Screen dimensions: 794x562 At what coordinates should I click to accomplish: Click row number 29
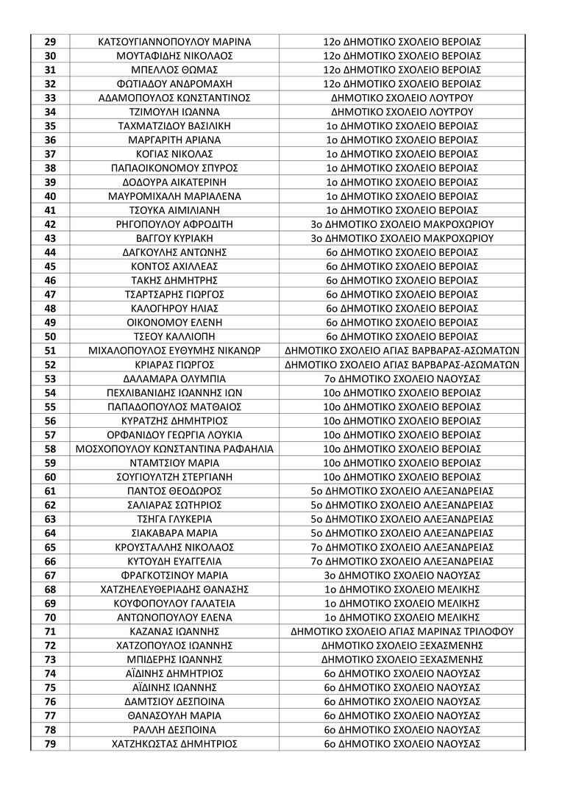51,42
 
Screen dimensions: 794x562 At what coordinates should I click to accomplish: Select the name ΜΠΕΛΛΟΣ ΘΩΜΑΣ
174,70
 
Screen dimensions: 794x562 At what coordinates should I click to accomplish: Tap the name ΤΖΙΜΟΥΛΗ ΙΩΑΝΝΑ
174,112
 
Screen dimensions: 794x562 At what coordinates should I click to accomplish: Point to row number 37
51,154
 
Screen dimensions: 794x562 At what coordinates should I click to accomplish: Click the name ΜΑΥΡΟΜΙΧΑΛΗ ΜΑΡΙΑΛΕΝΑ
174,196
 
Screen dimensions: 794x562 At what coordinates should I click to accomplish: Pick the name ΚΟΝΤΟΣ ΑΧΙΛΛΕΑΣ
174,266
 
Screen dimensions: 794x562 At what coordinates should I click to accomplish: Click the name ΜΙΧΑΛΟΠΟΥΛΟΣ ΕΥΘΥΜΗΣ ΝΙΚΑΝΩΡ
174,351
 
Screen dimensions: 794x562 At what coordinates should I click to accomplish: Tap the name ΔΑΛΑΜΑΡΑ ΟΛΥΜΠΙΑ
174,379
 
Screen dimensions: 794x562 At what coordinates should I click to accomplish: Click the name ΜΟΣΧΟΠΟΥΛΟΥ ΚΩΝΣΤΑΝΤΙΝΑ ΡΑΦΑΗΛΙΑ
174,448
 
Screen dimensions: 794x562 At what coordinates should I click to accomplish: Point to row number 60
51,476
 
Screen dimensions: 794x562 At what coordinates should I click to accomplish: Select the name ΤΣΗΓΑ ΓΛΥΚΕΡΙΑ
174,519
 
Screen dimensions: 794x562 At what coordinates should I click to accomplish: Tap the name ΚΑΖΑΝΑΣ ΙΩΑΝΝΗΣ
174,631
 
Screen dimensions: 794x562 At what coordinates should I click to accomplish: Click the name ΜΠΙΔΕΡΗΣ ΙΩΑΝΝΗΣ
174,659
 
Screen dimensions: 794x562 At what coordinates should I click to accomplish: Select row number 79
51,743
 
